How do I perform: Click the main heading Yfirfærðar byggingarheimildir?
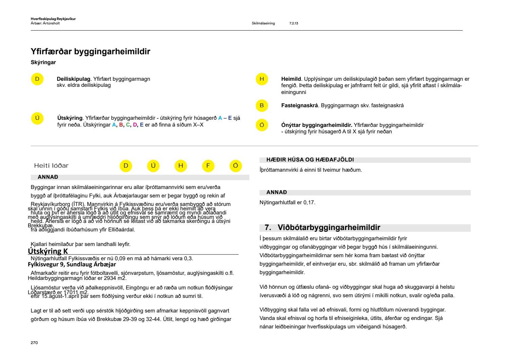coord(90,52)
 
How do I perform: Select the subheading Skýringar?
coord(43,62)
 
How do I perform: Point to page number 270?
coord(34,343)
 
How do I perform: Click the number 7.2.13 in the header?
coord(294,23)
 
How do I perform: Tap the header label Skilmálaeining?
coord(263,23)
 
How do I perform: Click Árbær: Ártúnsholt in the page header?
coord(45,23)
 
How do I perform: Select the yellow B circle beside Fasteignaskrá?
coord(262,106)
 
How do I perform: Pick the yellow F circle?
coord(208,166)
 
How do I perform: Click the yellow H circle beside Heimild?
coord(262,79)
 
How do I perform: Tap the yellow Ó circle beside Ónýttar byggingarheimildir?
coord(262,125)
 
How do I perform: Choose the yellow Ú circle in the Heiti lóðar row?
coord(153,166)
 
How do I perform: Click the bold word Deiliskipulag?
coord(73,79)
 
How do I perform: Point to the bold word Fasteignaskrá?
coord(299,106)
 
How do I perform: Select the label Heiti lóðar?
coord(51,166)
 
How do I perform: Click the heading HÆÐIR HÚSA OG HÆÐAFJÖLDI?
coord(310,160)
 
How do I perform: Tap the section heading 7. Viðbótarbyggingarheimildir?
coord(322,227)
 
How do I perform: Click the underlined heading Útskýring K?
coord(48,251)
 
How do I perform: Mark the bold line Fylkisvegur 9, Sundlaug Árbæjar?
coord(72,264)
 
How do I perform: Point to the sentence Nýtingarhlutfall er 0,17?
coord(287,203)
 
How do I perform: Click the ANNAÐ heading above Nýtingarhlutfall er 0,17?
coord(277,192)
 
